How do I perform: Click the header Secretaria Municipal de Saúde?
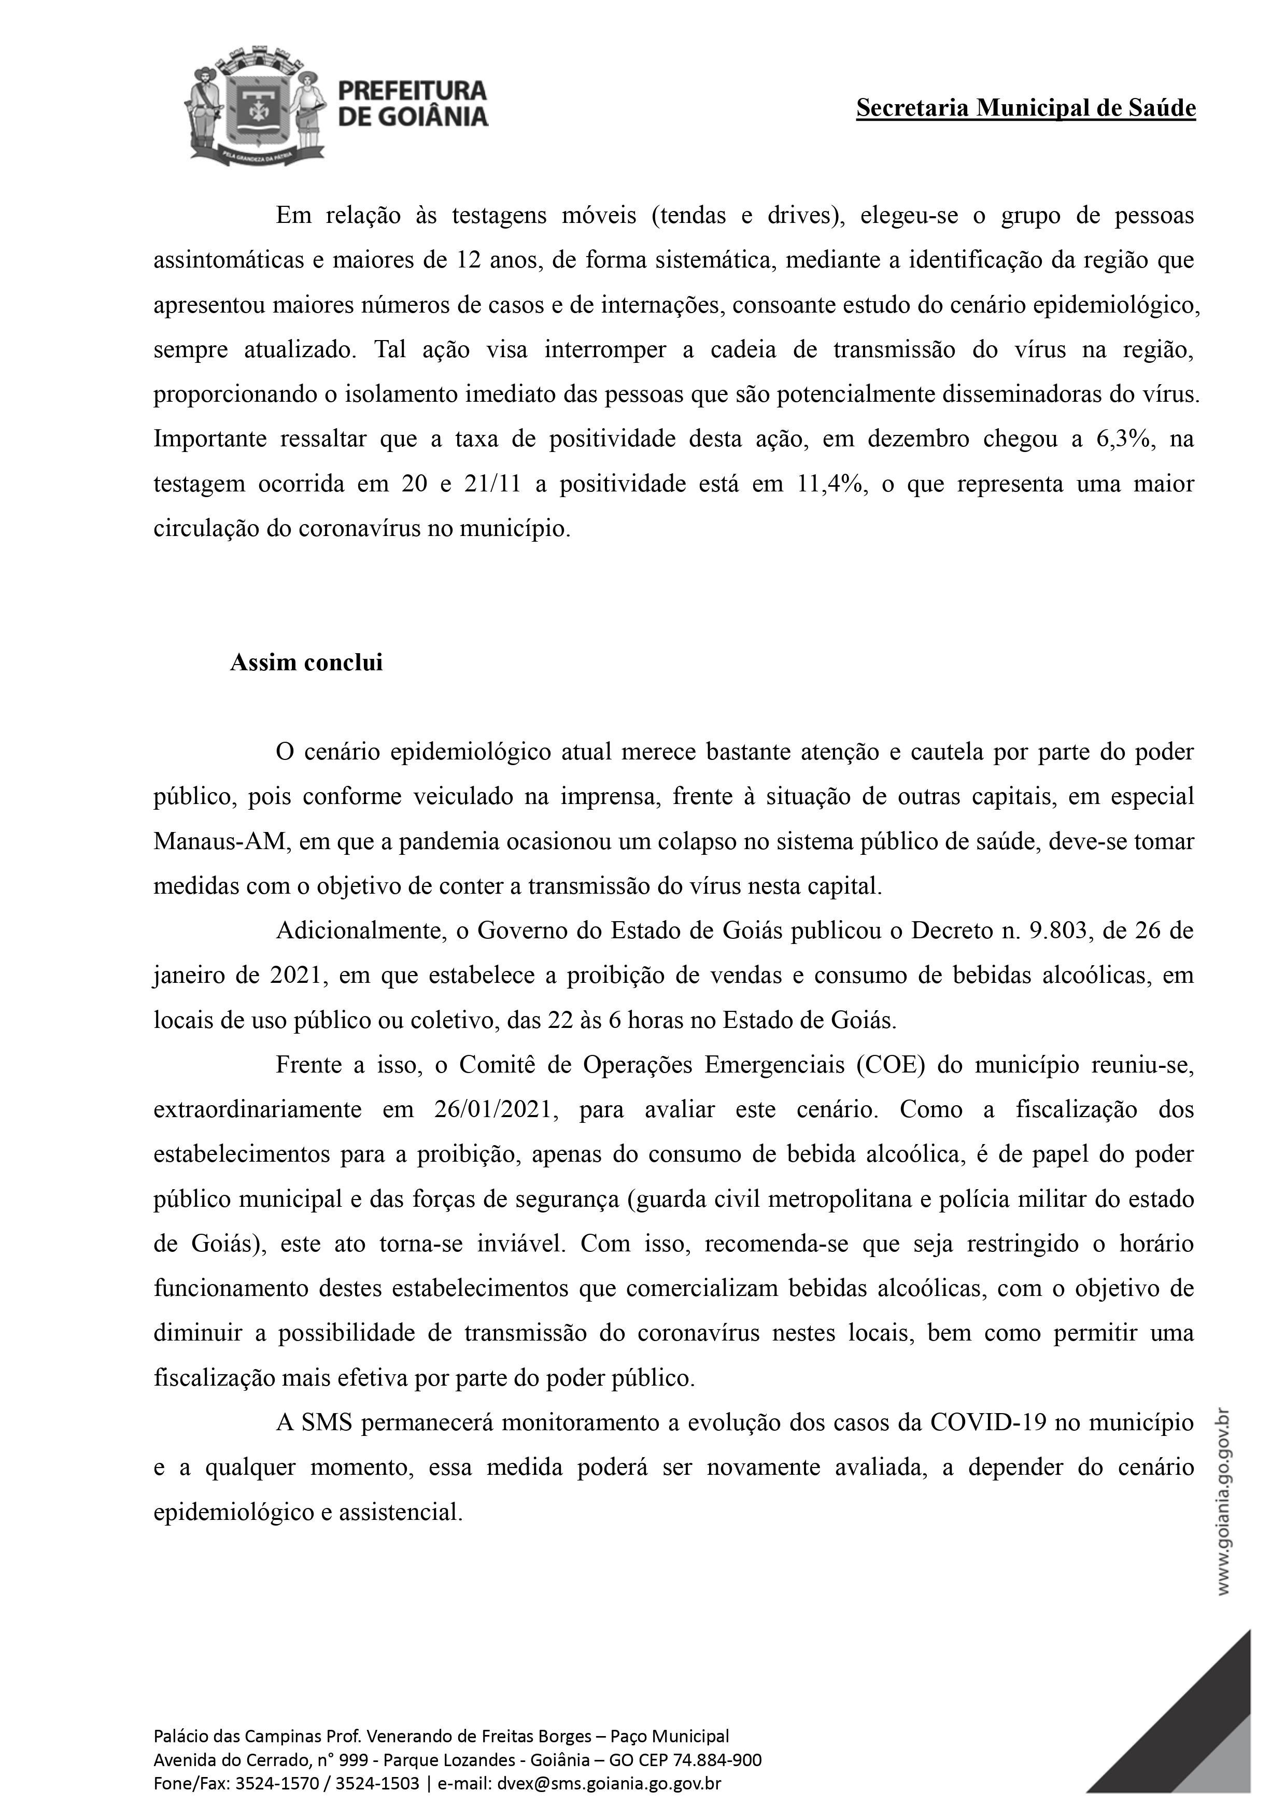[x=1025, y=108]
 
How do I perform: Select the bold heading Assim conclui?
[x=306, y=662]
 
